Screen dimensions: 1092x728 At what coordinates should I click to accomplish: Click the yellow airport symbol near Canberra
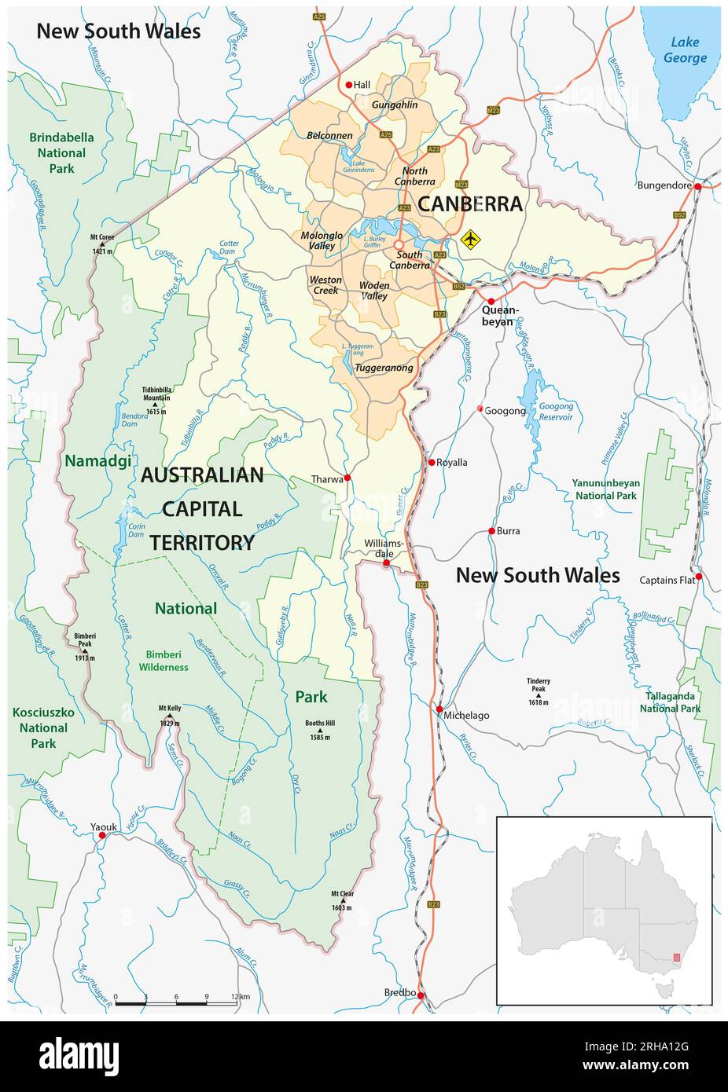point(470,238)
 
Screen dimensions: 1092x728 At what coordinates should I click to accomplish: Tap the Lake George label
point(684,50)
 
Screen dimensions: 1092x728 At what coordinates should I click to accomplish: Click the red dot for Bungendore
point(697,186)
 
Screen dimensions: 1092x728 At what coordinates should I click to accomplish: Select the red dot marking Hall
point(349,85)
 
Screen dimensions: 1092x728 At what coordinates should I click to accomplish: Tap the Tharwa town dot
point(347,478)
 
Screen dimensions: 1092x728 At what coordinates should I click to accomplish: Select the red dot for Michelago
point(439,709)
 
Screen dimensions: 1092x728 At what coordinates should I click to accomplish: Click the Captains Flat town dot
point(698,576)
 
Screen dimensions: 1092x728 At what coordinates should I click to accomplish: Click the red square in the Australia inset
point(677,958)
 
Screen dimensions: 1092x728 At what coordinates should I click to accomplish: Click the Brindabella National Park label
point(61,152)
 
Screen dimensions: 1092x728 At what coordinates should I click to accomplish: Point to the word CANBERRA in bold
point(469,203)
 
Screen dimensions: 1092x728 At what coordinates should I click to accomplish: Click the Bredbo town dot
point(421,995)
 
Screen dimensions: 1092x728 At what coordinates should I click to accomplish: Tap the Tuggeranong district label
point(384,368)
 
